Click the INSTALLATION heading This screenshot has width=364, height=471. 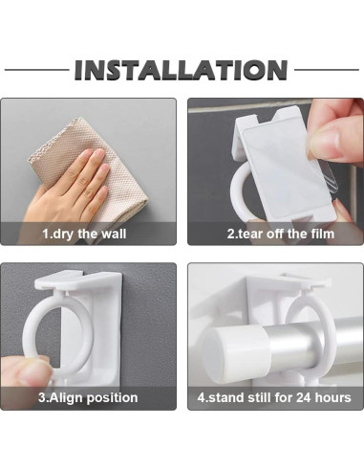(181, 70)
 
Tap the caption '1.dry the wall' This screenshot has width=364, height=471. (84, 234)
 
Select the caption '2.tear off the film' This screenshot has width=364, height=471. (281, 234)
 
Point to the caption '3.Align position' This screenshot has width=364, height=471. (88, 398)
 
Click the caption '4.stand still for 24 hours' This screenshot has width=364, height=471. (274, 398)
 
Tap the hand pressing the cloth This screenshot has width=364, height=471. (70, 185)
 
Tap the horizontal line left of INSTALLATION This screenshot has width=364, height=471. (36, 70)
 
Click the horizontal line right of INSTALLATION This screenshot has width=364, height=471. (327, 70)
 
